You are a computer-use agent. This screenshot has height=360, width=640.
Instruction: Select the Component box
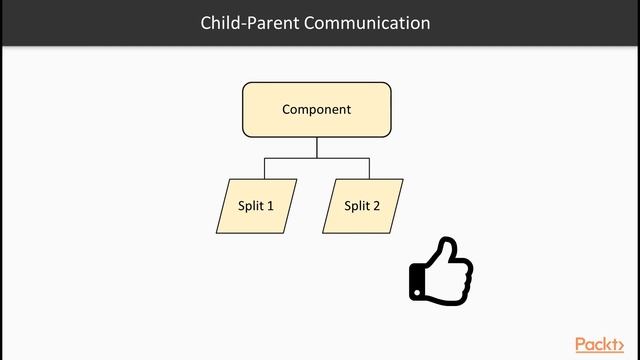[x=317, y=110]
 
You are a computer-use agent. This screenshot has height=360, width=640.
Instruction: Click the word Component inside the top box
[x=317, y=110]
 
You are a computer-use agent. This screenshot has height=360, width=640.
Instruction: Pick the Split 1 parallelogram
[x=257, y=206]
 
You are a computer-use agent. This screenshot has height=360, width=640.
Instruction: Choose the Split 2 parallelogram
[x=363, y=206]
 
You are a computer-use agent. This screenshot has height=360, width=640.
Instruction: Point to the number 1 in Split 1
[x=270, y=206]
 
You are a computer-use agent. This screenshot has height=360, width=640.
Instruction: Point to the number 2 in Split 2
[x=376, y=206]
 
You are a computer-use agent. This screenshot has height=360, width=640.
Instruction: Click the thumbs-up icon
[x=441, y=271]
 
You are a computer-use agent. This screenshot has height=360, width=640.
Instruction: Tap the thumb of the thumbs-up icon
[x=447, y=253]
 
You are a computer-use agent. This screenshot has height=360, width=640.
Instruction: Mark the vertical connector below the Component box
[x=317, y=147]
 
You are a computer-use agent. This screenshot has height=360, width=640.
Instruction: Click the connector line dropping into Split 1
[x=265, y=169]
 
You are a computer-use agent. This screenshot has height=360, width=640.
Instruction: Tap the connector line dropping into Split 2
[x=370, y=169]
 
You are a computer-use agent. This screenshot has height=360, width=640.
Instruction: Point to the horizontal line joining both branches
[x=317, y=158]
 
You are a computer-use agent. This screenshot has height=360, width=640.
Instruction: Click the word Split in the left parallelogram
[x=250, y=206]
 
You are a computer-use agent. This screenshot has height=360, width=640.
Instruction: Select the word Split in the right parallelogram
[x=356, y=206]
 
